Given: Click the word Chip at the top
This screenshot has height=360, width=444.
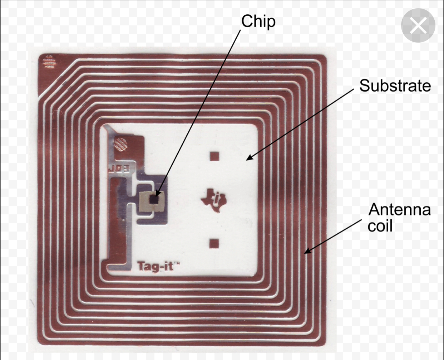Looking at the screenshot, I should [258, 21].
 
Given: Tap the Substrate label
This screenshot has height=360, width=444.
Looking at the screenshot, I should [395, 86].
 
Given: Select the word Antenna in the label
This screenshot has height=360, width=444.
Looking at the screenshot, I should [399, 209].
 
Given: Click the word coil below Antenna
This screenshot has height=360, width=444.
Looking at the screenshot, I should [380, 226].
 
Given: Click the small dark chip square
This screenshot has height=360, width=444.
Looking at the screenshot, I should [154, 200].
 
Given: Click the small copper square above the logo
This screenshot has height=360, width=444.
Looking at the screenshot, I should [214, 156].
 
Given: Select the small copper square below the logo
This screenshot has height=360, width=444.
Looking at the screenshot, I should [214, 243].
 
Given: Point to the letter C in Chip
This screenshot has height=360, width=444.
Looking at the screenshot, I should [246, 21].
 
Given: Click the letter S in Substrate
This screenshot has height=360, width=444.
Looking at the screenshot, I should [364, 86].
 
